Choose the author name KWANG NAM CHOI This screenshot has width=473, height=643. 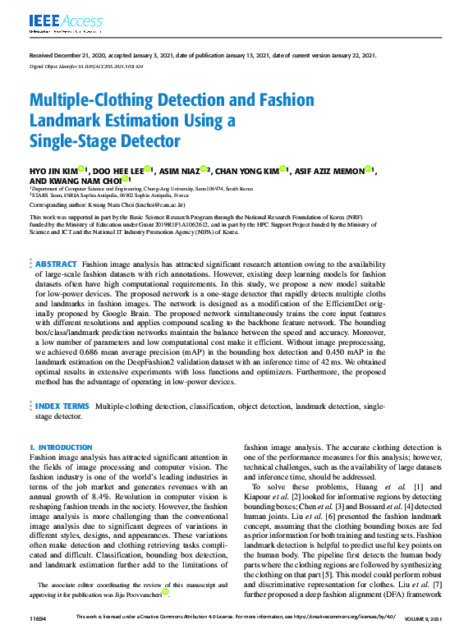click(83, 180)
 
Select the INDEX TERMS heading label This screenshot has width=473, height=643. click(62, 406)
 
